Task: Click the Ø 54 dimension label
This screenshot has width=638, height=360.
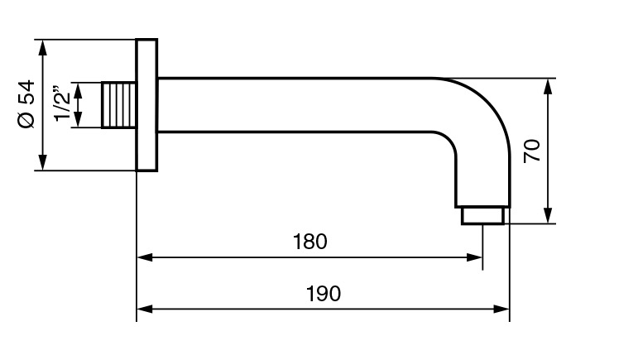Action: point(26,104)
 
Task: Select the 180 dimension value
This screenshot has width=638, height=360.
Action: point(310,242)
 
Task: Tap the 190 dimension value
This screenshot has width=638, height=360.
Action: point(324,294)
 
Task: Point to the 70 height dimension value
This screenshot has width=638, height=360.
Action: point(533,151)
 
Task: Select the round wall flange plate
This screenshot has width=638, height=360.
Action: point(146,104)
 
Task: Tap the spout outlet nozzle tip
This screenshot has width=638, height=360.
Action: point(482,215)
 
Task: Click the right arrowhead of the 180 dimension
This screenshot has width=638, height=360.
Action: point(475,257)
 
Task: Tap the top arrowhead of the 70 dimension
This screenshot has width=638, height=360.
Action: point(548,85)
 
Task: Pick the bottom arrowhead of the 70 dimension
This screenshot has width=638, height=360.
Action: point(548,217)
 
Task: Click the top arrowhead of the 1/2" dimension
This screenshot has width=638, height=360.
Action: point(79,88)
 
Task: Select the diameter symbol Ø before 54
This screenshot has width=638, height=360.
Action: point(26,120)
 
